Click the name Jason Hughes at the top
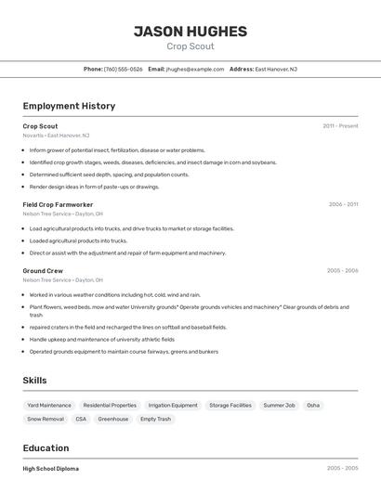coord(190,32)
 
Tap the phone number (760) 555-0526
coord(123,69)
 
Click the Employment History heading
coord(69,106)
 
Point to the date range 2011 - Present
coord(340,126)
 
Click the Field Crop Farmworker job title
coord(58,204)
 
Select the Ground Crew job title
coord(43,271)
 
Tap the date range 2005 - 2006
coord(342,271)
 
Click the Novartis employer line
coord(56,136)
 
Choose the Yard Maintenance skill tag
coord(49,406)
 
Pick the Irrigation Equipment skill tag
coord(173,406)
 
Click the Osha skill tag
coord(313,406)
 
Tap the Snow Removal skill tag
coord(46,420)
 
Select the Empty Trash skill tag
coord(155,420)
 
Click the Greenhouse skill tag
coord(113,420)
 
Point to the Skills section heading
coord(34,381)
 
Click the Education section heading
coord(46,448)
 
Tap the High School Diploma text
coord(51,469)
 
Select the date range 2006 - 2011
coord(343,204)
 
